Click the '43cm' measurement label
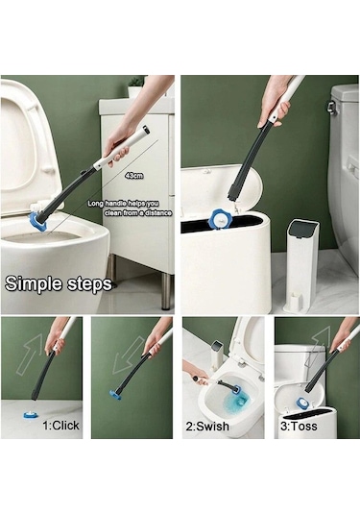134,176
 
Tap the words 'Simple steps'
59,283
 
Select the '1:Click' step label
60,426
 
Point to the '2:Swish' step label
207,427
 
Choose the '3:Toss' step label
299,427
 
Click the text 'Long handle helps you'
123,204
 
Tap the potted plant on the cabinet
134,86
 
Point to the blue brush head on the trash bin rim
220,219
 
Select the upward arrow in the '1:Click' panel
30,354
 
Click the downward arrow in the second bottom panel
128,355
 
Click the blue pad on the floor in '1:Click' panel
31,414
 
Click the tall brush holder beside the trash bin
301,266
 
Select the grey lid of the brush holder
303,229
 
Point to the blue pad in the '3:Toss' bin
302,403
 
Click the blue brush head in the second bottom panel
115,395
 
